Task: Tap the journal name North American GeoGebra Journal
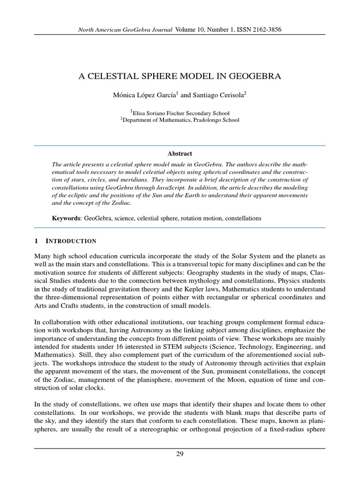[x=126, y=30]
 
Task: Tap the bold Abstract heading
[x=180, y=153]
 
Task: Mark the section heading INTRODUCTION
[x=71, y=241]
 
